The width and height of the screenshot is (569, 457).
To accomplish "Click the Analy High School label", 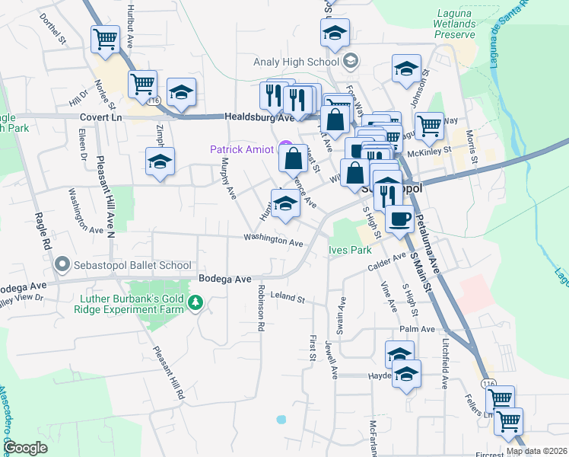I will (300, 59).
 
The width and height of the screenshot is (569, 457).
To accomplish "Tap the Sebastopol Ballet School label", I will (132, 265).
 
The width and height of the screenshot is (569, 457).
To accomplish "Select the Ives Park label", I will (349, 249).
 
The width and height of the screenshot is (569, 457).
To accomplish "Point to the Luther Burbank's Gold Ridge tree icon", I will (196, 304).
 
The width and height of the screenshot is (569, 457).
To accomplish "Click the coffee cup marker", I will (399, 219).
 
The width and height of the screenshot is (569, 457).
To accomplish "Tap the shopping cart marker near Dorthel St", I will (105, 38).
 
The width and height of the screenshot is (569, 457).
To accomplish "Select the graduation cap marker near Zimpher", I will (161, 161).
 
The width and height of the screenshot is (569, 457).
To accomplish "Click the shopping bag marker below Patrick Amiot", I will (293, 159).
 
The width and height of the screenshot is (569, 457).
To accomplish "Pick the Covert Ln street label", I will (100, 118).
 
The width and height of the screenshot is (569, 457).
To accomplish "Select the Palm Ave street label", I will (418, 329).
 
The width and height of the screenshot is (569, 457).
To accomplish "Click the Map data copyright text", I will (536, 451).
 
